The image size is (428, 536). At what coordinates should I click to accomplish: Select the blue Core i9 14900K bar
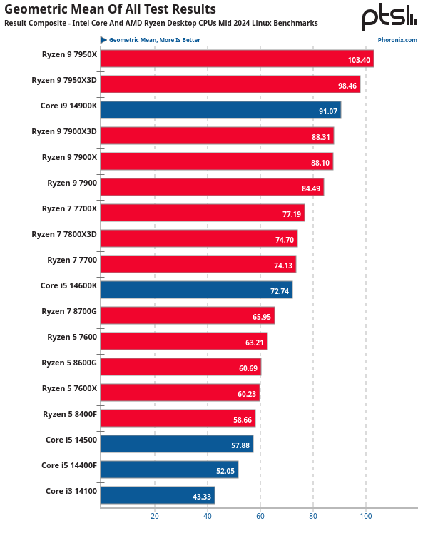pyautogui.click(x=220, y=110)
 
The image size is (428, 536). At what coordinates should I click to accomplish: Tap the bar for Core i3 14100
pyautogui.click(x=158, y=495)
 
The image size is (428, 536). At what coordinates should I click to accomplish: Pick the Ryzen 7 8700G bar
pyautogui.click(x=188, y=315)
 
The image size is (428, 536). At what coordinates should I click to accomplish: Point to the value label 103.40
pyautogui.click(x=359, y=59)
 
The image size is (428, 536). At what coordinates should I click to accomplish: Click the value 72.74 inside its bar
pyautogui.click(x=277, y=290)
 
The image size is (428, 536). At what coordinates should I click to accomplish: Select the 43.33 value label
pyautogui.click(x=200, y=496)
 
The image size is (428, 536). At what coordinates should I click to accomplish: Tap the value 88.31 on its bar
pyautogui.click(x=319, y=136)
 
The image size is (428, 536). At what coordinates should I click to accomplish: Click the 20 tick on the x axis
pyautogui.click(x=154, y=515)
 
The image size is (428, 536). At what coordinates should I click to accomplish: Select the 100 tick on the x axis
pyautogui.click(x=366, y=515)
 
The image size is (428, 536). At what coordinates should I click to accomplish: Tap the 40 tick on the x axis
pyautogui.click(x=207, y=515)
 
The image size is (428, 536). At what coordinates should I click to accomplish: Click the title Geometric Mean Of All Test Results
pyautogui.click(x=110, y=9)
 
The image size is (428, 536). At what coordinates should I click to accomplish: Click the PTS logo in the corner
pyautogui.click(x=389, y=17)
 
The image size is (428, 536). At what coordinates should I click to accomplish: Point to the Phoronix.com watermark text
pyautogui.click(x=398, y=40)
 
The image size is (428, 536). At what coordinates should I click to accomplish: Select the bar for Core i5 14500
pyautogui.click(x=177, y=444)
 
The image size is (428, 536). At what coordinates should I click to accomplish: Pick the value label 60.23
pyautogui.click(x=245, y=393)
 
